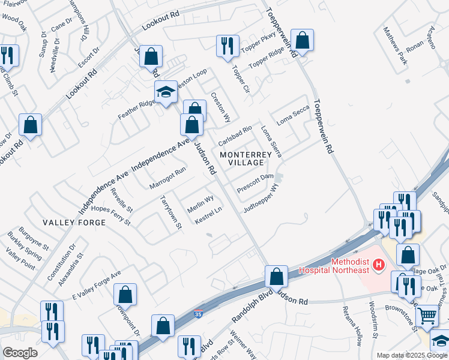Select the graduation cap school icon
pos(166,92)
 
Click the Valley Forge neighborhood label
pos(74,222)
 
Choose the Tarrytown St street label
pos(170,212)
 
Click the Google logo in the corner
pos(20,352)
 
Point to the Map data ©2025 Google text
pos(412,355)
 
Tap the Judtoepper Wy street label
pos(261,200)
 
